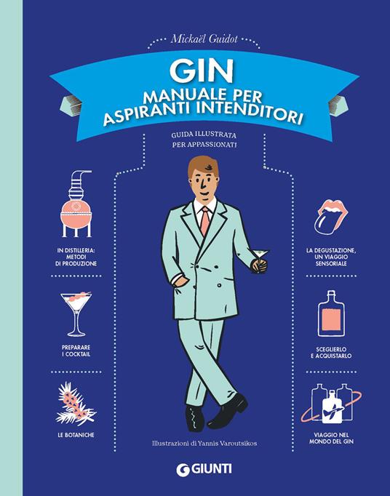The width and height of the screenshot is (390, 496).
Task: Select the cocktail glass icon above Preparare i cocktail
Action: tap(76, 311)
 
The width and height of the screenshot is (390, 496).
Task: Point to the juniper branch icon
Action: tap(76, 404)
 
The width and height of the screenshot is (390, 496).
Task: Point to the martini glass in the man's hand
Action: tap(258, 255)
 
